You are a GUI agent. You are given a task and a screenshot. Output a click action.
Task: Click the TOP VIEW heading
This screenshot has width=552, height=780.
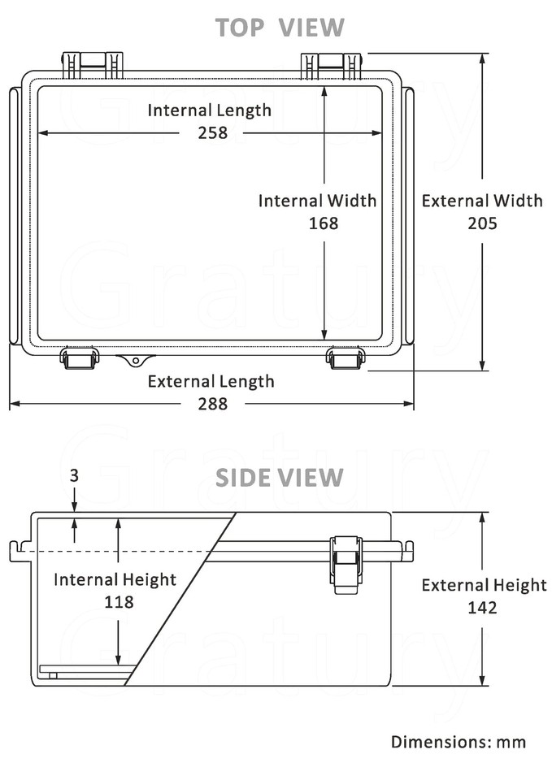(x=280, y=28)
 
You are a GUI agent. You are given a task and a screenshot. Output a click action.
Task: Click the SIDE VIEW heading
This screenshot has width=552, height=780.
(x=280, y=478)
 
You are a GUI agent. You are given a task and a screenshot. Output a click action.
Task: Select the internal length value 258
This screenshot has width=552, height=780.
(x=213, y=132)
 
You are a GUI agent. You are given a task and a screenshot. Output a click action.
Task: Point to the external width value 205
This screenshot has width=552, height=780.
(x=482, y=223)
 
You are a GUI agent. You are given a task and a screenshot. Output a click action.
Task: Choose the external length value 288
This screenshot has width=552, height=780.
(x=213, y=403)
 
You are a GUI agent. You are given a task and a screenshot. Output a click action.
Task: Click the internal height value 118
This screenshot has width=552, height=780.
(x=119, y=602)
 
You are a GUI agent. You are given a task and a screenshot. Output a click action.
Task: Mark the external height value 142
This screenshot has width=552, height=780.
(x=482, y=607)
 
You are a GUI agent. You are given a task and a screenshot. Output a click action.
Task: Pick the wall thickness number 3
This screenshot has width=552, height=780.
(x=74, y=477)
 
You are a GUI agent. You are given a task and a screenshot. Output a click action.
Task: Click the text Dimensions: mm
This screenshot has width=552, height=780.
(x=459, y=742)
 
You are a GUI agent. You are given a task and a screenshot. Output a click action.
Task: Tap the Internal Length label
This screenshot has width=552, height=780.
(x=210, y=110)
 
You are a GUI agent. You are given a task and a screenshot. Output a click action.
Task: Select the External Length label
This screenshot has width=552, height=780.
(x=211, y=381)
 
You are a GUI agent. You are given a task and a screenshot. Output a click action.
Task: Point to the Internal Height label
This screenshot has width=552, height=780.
(x=115, y=579)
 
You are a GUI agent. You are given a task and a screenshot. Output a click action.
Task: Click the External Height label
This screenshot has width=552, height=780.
(x=484, y=585)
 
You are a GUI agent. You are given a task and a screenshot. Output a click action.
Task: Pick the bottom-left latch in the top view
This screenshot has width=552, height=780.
(x=80, y=357)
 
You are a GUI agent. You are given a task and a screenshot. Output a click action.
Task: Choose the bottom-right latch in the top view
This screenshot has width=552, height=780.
(x=346, y=357)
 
